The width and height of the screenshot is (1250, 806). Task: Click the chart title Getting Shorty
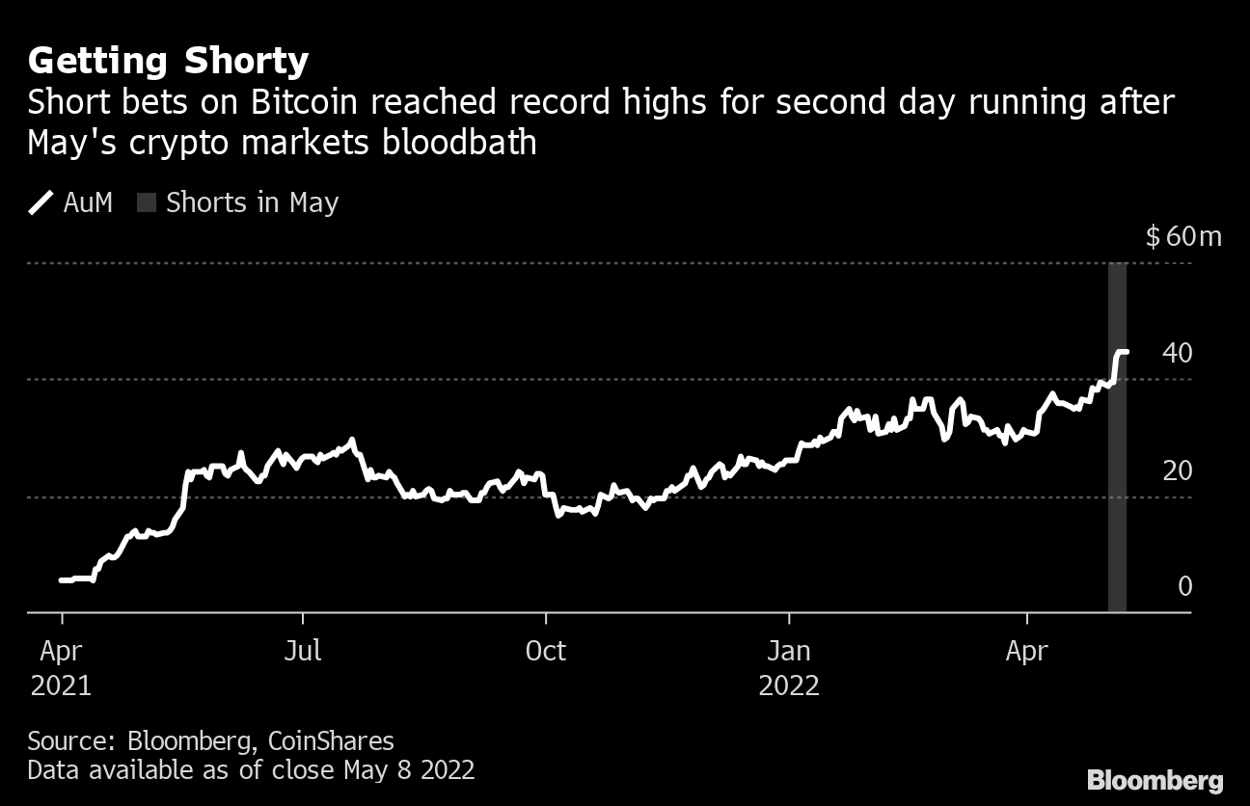pos(168,61)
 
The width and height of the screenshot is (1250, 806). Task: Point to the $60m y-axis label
pos(1182,236)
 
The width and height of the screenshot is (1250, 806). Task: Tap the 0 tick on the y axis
pos(1184,586)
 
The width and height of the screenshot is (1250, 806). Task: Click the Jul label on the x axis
pos(303,652)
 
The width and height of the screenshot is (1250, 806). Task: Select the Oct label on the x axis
pos(545,652)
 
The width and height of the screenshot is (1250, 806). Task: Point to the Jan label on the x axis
pos(789,652)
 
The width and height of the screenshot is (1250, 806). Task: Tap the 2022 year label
pos(789,686)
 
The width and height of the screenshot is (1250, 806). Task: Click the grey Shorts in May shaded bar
pos(1117,482)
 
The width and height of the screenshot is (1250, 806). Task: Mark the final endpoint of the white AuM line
pos(1127,352)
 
